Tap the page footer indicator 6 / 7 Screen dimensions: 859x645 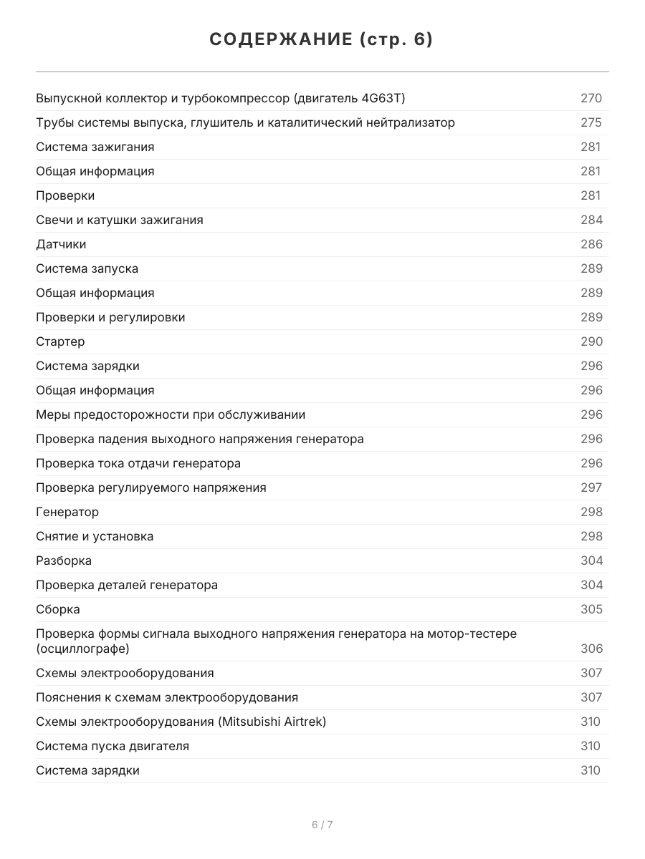[x=322, y=825]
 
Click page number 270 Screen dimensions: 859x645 [x=591, y=98]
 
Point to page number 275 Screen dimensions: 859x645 [x=591, y=122]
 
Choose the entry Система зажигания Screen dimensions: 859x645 [x=95, y=147]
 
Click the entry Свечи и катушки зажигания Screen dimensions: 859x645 [x=119, y=220]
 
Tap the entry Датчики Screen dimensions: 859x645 [x=61, y=244]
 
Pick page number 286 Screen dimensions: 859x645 [x=591, y=244]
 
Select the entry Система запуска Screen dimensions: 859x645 [x=87, y=268]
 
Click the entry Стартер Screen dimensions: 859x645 [x=60, y=341]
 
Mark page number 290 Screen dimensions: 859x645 [x=591, y=341]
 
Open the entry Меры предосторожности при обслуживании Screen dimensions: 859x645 [x=171, y=414]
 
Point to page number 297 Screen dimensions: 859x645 [x=591, y=487]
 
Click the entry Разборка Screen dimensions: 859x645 [x=64, y=560]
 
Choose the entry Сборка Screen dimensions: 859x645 [x=58, y=609]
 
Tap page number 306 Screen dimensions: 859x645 [x=591, y=649]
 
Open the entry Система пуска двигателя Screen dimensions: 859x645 [x=113, y=746]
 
